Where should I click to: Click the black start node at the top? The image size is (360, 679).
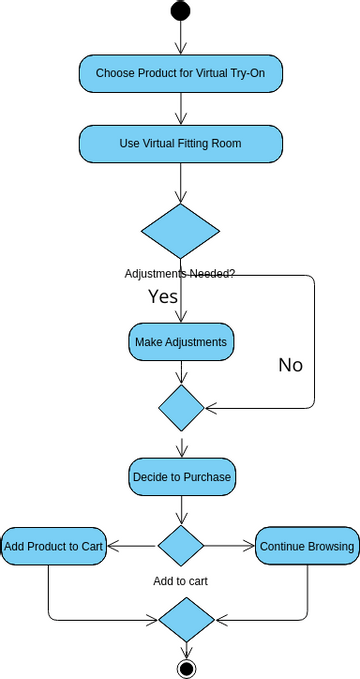[180, 11]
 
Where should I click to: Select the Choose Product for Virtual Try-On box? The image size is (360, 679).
[180, 73]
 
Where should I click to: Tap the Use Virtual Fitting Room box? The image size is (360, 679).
[180, 143]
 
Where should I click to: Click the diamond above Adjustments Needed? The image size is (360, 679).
[180, 231]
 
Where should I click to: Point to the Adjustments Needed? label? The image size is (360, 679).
[180, 273]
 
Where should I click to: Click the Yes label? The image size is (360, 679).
[163, 296]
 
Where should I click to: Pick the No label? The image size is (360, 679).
[290, 365]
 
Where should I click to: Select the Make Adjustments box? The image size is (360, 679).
[180, 342]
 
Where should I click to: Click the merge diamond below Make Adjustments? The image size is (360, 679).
[181, 407]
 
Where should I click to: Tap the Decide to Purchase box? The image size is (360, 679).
[181, 477]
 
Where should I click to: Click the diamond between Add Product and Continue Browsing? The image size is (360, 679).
[181, 546]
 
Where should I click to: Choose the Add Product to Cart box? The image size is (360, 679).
[53, 546]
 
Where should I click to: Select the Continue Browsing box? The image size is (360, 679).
[307, 546]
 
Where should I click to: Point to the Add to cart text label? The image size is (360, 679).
[181, 580]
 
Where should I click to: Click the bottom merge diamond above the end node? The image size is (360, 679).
[186, 619]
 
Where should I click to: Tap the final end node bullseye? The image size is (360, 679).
[186, 667]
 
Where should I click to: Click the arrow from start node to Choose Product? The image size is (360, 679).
[180, 37]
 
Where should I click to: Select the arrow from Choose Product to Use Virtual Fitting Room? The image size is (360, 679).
[180, 108]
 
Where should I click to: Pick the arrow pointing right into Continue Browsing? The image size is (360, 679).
[229, 546]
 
